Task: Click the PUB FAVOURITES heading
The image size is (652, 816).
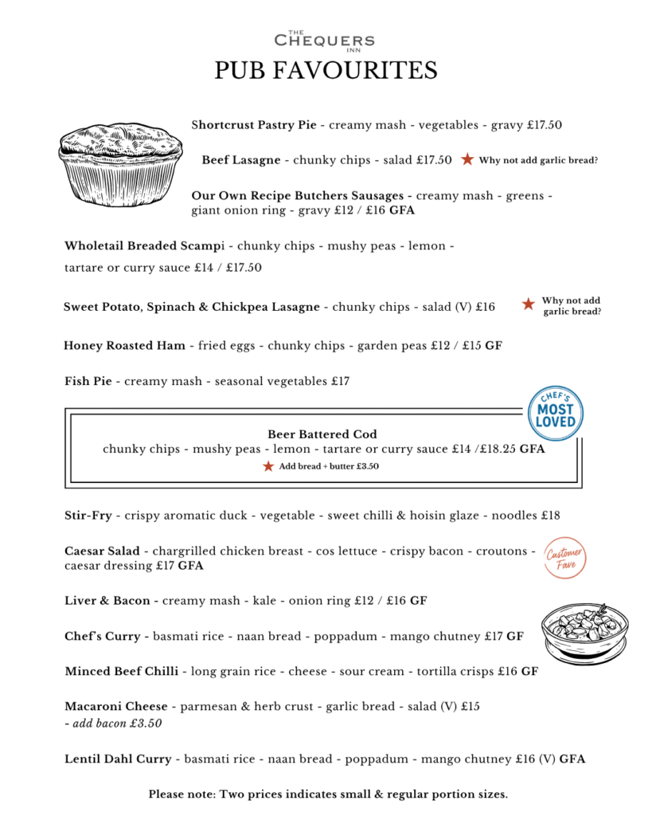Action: coord(326,71)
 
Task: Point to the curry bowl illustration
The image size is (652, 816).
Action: coord(585,633)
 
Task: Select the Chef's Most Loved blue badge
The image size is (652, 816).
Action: coord(555,413)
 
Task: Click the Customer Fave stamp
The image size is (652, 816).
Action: coord(564,557)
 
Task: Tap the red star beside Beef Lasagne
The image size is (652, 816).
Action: coord(468,160)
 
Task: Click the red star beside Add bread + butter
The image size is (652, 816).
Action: coord(268,466)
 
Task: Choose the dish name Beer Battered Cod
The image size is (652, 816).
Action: coord(322,434)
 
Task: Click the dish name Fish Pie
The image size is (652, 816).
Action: coord(88,382)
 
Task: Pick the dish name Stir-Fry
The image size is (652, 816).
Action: coord(88,516)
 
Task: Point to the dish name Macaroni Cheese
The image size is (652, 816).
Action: coord(116,706)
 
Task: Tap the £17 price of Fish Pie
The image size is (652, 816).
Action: coord(340,382)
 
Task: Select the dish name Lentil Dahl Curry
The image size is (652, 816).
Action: coord(118,759)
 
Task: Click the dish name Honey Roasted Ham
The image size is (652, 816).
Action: coord(124,346)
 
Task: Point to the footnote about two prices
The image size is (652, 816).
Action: coord(327,794)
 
